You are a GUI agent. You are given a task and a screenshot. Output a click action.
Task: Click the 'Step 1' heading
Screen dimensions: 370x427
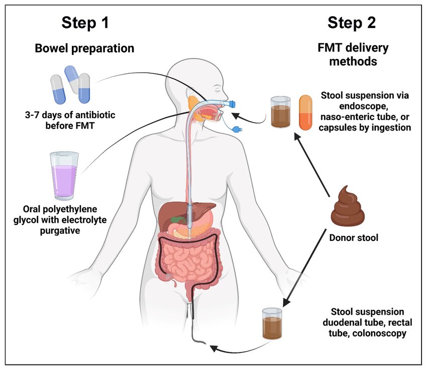click(x=85, y=23)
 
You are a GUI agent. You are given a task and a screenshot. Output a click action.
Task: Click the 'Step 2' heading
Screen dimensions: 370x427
click(x=351, y=23)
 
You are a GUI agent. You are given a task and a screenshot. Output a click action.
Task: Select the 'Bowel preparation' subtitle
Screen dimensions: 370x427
click(x=84, y=49)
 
